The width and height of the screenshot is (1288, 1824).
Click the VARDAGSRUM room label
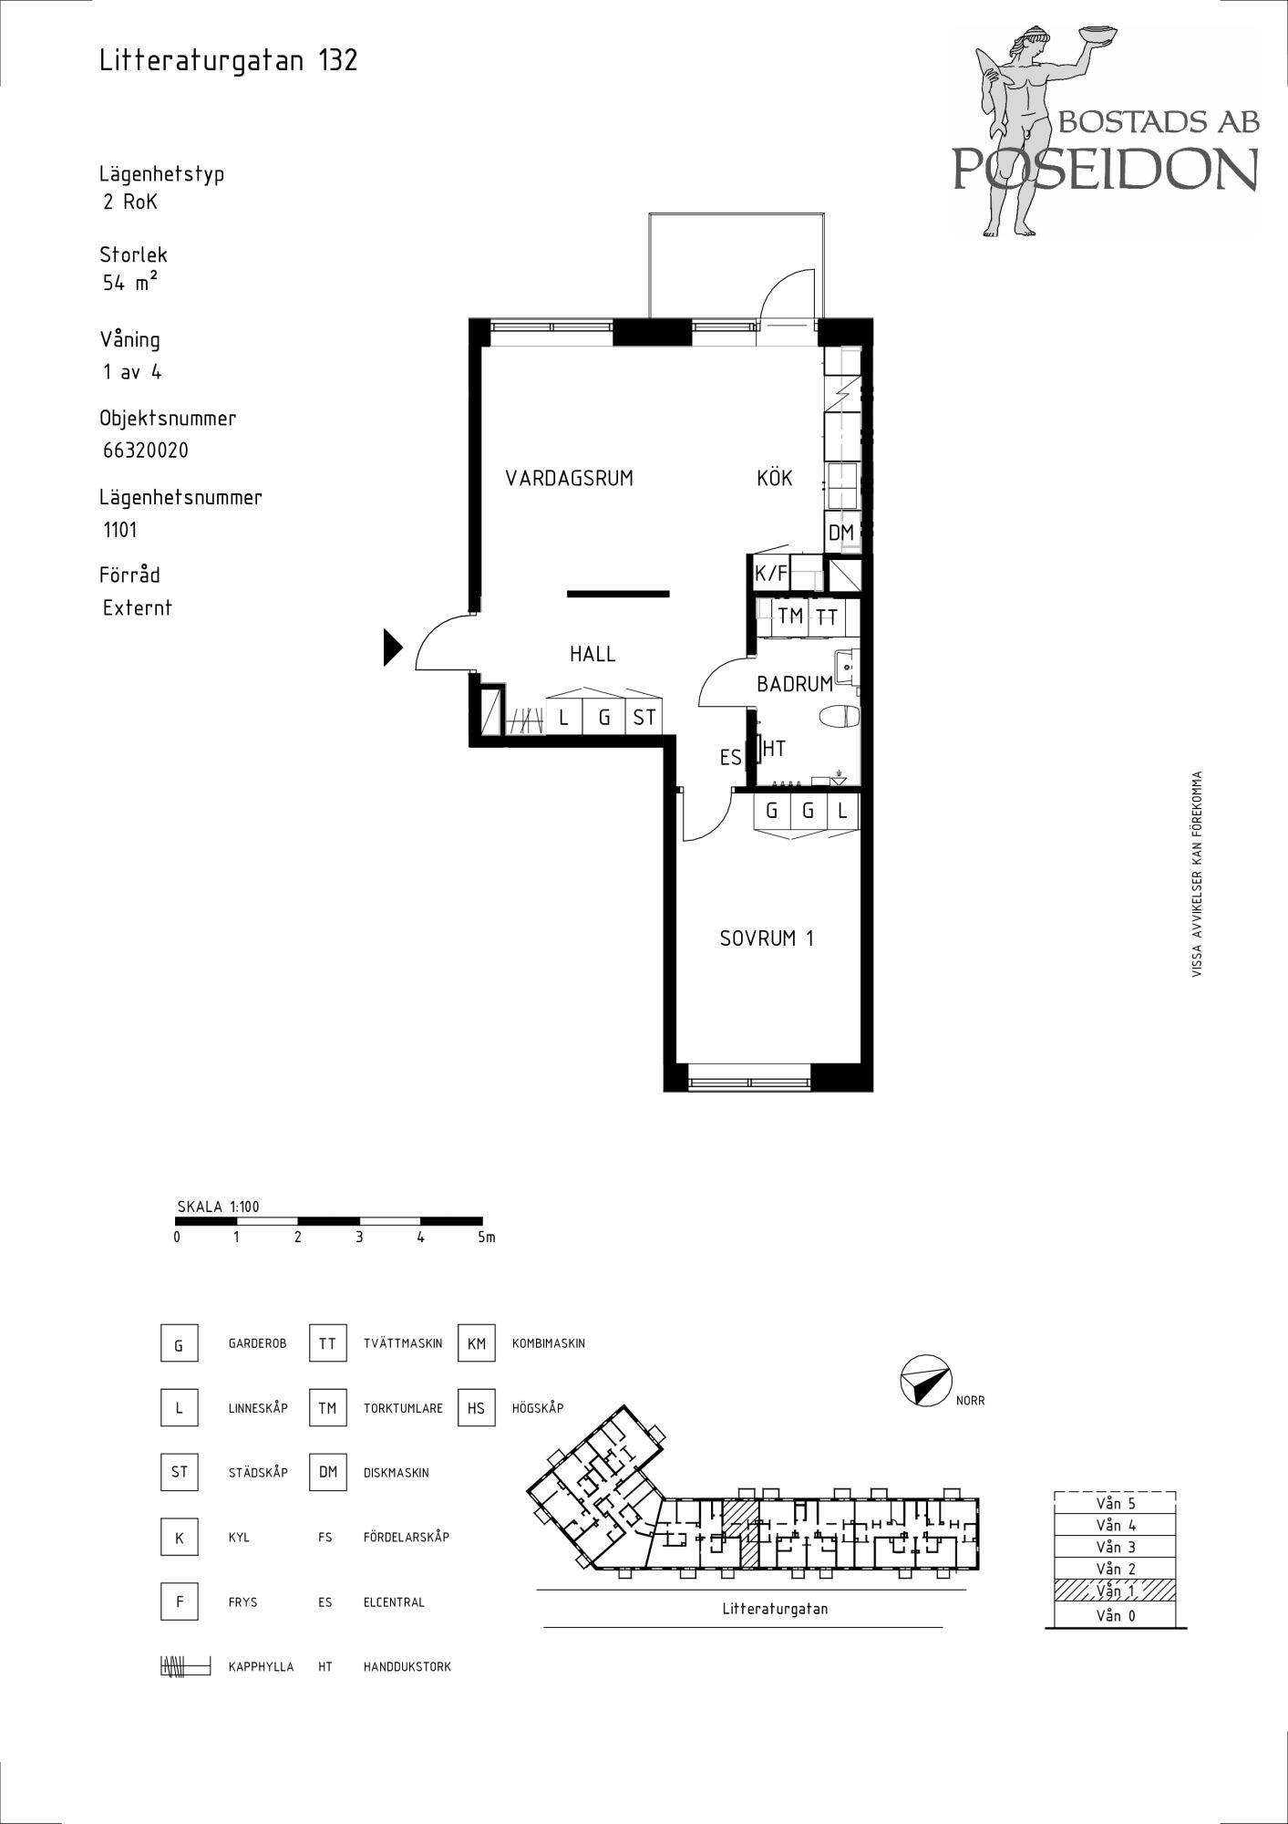click(569, 478)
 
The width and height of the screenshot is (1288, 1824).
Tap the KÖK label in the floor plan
click(774, 478)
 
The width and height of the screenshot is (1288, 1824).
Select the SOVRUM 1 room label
click(766, 938)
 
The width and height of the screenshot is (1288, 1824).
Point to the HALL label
click(592, 654)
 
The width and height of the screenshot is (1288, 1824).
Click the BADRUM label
click(795, 684)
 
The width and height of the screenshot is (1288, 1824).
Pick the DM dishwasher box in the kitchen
click(841, 533)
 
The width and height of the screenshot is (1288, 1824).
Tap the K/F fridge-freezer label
click(770, 574)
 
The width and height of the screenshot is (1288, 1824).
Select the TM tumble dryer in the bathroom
click(790, 616)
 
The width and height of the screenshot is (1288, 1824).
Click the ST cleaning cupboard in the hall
click(644, 717)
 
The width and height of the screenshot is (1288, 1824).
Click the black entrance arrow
click(392, 648)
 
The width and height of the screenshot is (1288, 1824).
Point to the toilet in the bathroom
click(840, 717)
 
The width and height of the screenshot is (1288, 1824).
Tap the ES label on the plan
click(730, 758)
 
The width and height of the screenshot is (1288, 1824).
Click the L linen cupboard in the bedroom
click(843, 810)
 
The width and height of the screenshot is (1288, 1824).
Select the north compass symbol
click(925, 1380)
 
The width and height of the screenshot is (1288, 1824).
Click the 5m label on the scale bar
click(486, 1238)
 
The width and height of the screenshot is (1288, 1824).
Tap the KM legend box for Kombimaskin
click(476, 1343)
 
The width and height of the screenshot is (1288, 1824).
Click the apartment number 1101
click(120, 530)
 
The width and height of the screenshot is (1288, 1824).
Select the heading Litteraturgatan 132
click(229, 60)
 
